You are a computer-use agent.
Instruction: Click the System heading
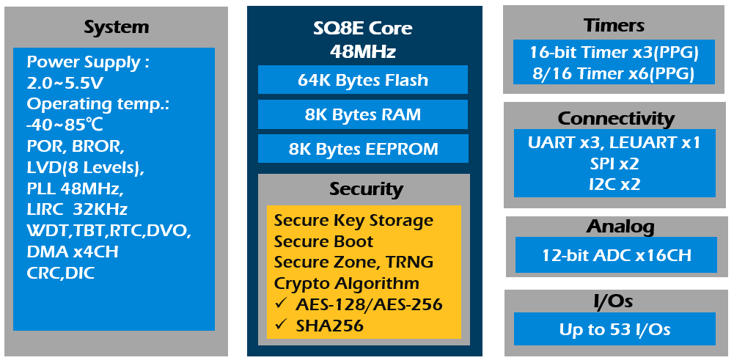[116, 28]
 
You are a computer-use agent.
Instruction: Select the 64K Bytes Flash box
[363, 80]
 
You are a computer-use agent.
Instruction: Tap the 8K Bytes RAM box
[363, 114]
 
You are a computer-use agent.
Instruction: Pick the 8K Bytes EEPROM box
[363, 149]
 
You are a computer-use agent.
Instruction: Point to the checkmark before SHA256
[280, 325]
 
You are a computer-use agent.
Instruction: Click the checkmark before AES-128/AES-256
[280, 304]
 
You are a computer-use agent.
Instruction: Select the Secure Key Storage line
[353, 221]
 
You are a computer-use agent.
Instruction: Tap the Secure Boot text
[323, 241]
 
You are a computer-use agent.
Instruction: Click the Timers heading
[614, 26]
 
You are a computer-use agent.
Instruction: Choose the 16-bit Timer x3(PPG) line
[613, 53]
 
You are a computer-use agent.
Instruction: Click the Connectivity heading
[615, 118]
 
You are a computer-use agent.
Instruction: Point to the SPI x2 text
[614, 163]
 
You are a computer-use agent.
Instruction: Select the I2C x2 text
[614, 183]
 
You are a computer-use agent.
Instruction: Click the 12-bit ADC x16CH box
[614, 255]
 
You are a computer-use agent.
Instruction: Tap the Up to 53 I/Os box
[614, 329]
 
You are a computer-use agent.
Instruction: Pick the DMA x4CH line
[73, 252]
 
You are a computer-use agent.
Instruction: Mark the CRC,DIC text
[61, 273]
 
